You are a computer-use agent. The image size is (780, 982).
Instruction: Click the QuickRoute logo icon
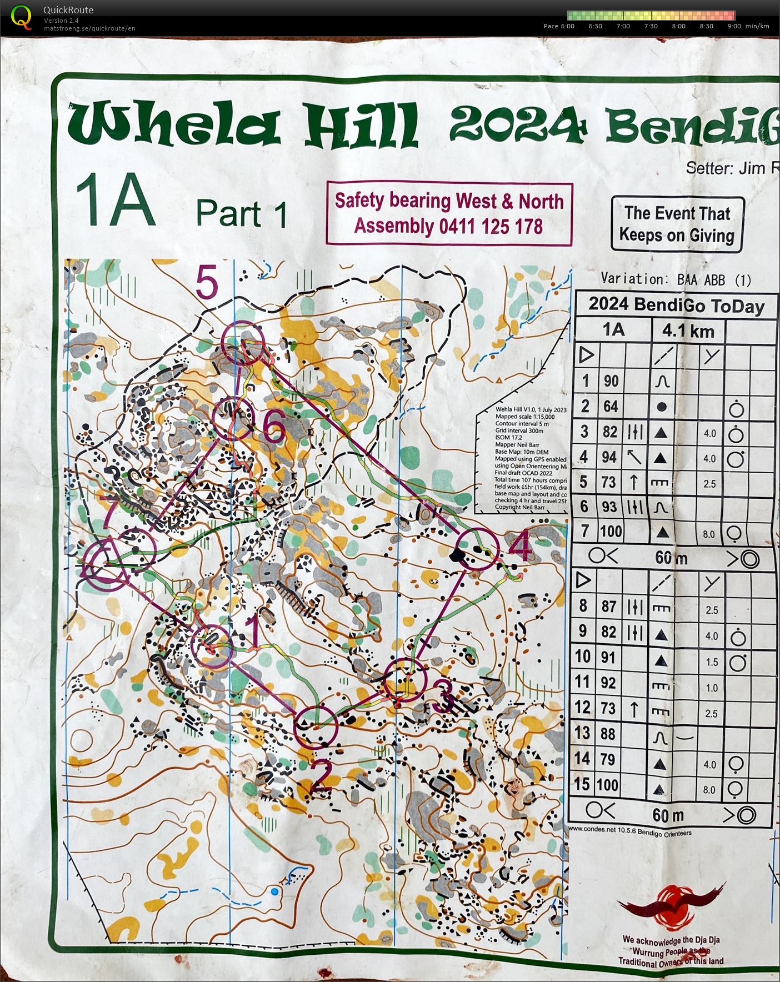click(21, 16)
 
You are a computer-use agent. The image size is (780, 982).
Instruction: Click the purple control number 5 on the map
click(207, 283)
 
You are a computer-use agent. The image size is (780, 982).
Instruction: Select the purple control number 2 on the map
click(321, 776)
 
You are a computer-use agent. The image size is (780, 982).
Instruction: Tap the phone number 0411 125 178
click(491, 227)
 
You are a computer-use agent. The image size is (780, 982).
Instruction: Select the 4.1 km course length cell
click(688, 331)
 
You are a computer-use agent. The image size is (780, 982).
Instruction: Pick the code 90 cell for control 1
click(611, 381)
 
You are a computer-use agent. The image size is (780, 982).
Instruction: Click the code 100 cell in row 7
click(611, 532)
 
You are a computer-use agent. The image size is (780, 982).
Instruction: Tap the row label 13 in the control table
click(582, 733)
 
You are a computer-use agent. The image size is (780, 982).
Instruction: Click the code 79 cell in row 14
click(608, 759)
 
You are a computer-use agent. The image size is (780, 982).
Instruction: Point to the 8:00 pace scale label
click(678, 26)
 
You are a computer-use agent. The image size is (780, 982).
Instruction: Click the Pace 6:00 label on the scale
click(558, 26)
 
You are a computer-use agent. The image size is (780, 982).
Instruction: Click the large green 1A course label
click(116, 201)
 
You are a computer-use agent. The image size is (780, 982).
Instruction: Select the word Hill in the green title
click(360, 126)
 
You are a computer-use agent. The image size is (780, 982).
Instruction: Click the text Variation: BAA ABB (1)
click(676, 279)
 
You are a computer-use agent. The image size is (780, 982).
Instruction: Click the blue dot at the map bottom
click(274, 892)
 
